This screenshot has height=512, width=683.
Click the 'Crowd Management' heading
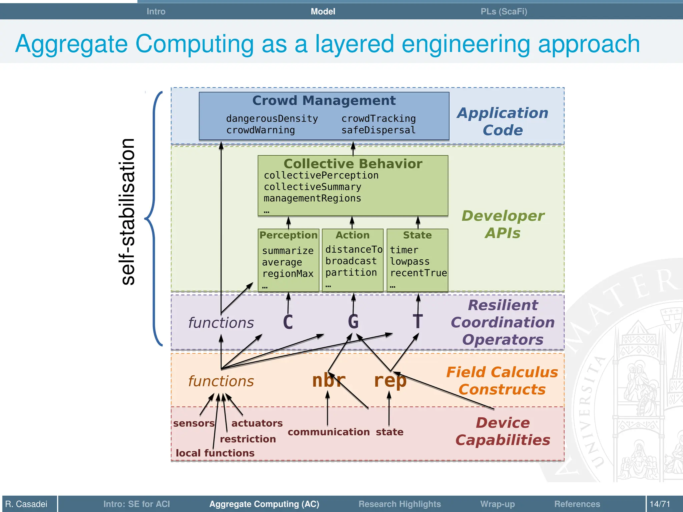pos(324,101)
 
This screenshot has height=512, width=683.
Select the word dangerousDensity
pos(272,119)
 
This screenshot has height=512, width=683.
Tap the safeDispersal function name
pos(378,130)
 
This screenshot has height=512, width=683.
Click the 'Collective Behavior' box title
pos(353,164)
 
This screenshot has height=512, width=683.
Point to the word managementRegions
pos(312,198)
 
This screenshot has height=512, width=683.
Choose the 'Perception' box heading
pos(288,235)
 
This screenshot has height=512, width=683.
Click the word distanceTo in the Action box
pos(354,249)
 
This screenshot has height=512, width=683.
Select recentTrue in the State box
pos(418,273)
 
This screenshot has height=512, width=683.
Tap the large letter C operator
pos(288,322)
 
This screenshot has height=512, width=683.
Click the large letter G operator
pos(353,322)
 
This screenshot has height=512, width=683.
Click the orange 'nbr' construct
pos(328,380)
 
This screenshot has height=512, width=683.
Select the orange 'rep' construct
pos(390,381)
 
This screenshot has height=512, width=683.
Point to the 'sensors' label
pos(194,423)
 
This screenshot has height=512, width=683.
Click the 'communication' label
pos(328,432)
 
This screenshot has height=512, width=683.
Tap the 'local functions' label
pos(215,453)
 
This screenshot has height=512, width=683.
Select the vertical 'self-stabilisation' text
pos(127,212)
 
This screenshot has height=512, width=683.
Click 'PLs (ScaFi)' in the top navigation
pos(504,12)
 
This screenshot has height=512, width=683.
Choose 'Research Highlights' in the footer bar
pos(400,504)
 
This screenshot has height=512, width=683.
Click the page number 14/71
pos(660,504)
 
